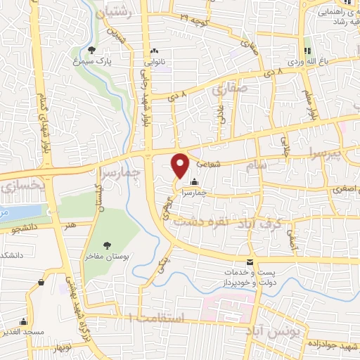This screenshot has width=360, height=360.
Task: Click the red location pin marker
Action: pyautogui.click(x=181, y=165)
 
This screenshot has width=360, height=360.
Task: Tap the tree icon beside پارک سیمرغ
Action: pyautogui.click(x=92, y=49)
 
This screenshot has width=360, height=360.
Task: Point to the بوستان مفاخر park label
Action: pyautogui.click(x=105, y=257)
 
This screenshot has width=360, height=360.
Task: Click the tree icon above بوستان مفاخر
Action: pyautogui.click(x=108, y=245)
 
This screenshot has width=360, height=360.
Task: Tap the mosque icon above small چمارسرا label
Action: pyautogui.click(x=194, y=184)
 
